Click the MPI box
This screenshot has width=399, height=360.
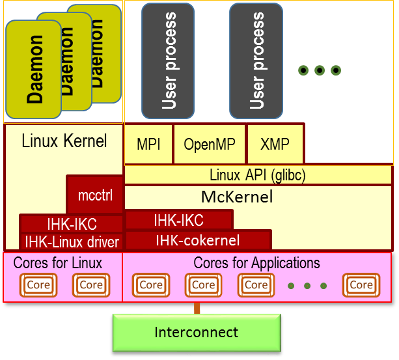[x=148, y=145]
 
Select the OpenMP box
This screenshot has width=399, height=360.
[x=209, y=145]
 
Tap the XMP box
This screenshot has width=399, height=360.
[x=275, y=145]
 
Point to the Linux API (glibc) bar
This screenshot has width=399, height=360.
[x=258, y=175]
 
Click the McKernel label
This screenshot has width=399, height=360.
[x=236, y=197]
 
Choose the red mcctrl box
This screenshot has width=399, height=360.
[x=95, y=195]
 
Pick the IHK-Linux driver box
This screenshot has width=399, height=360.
[x=72, y=242]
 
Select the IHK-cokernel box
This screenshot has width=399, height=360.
[x=197, y=240]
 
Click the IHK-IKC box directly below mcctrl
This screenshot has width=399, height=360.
[x=72, y=225]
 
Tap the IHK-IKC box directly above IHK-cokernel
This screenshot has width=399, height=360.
[x=178, y=220]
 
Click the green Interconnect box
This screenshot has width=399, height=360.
[x=197, y=332]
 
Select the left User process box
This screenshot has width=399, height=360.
[x=168, y=61]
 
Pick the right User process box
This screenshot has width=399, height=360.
[x=256, y=61]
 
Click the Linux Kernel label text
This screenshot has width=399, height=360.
[x=64, y=141]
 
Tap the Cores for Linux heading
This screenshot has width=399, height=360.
[x=58, y=263]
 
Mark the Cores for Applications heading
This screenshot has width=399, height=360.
[x=257, y=263]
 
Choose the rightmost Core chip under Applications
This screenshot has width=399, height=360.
[x=361, y=284]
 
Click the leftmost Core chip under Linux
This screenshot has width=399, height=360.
[x=38, y=284]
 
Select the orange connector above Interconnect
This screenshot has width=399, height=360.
[x=197, y=309]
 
